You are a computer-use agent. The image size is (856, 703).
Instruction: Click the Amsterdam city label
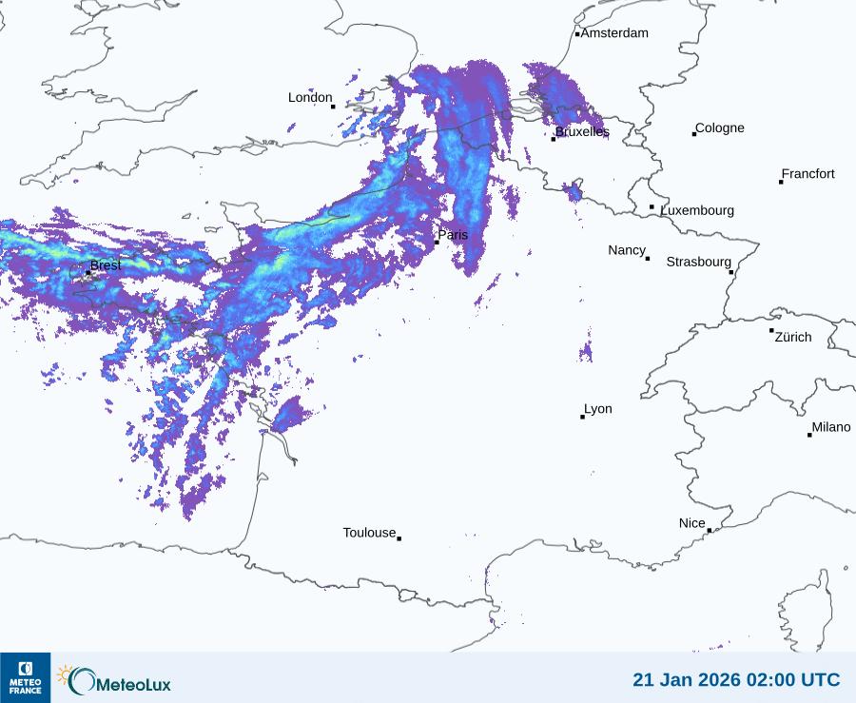[614, 33]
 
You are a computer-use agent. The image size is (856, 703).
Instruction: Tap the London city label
[310, 98]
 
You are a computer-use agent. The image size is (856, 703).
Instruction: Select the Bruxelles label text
[582, 132]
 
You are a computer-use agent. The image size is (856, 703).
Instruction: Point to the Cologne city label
[720, 128]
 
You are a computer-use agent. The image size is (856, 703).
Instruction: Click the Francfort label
[807, 174]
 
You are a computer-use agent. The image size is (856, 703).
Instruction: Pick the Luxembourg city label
[697, 210]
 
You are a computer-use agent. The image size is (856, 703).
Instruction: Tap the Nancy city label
[627, 250]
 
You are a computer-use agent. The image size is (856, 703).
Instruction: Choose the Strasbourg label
[698, 262]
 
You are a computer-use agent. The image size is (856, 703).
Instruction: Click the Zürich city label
[793, 337]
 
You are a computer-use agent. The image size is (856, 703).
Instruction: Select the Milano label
[831, 428]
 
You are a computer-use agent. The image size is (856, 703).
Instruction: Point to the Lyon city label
[598, 409]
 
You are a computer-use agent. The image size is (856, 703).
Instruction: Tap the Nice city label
[691, 523]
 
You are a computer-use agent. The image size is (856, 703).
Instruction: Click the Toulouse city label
[369, 533]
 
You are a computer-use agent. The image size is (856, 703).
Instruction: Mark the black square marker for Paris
[437, 243]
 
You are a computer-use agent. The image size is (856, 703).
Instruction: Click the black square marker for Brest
[88, 272]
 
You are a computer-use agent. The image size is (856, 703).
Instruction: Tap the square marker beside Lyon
[582, 417]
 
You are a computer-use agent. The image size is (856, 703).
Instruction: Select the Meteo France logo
[25, 677]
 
